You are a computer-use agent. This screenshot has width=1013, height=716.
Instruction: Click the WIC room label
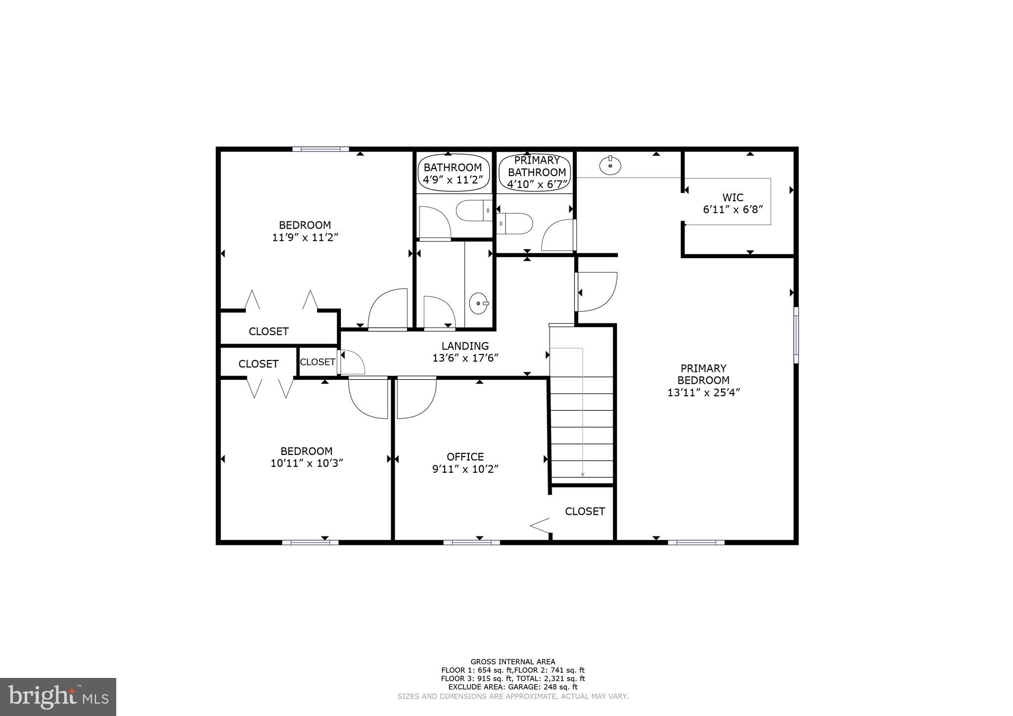coord(733,198)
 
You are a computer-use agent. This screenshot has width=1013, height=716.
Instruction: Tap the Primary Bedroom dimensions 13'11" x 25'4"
coord(703,393)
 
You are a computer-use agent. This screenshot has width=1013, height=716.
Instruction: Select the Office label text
coord(465,457)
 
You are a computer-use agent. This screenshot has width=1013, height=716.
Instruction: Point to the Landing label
coord(465,346)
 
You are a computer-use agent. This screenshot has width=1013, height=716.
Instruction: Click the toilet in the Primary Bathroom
coord(515,224)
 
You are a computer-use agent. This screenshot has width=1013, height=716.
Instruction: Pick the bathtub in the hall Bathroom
coord(454,174)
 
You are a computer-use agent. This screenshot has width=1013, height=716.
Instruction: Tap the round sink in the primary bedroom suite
coord(610,166)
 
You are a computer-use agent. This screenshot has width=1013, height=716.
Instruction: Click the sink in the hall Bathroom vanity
coord(479,303)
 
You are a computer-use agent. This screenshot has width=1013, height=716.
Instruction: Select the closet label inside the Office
coord(585,511)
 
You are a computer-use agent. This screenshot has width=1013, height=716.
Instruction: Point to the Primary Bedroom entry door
coord(598,292)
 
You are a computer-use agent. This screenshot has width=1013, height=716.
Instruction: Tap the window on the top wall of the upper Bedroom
coord(321,149)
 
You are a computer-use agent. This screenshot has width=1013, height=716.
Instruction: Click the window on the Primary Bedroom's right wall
coord(796,335)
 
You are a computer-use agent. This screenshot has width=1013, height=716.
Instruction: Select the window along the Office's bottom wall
coord(471,542)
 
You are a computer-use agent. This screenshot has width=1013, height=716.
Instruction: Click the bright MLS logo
coord(58,697)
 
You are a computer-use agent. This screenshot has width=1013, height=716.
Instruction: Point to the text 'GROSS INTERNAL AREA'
coord(512,662)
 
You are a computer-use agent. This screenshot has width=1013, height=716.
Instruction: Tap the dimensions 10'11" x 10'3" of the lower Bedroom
coord(307,463)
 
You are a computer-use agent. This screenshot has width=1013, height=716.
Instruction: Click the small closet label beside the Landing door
coord(318,362)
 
